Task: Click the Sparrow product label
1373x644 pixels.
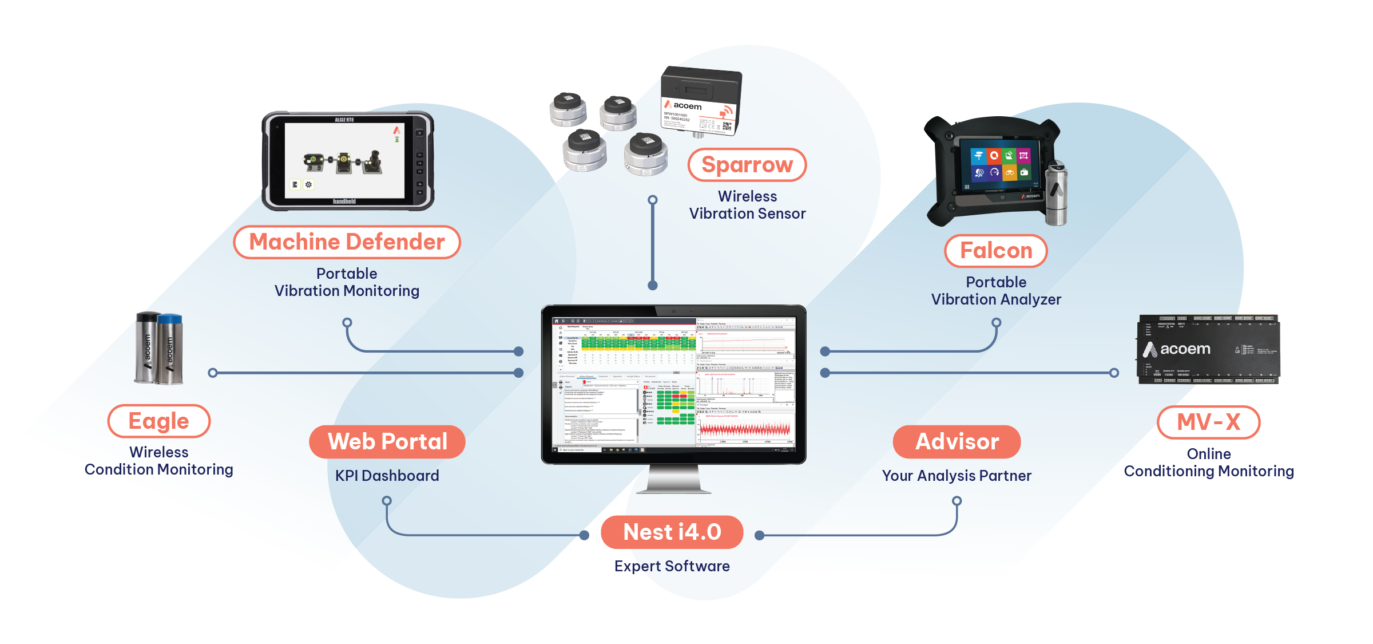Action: coord(747,165)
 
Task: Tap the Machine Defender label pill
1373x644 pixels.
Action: coord(347,242)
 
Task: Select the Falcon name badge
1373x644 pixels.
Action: coord(995,251)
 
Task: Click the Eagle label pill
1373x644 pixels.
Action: coord(158,421)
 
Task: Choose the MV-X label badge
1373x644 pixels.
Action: coord(1208,422)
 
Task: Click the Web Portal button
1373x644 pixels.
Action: coord(387,441)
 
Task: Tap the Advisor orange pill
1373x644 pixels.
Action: coord(957,441)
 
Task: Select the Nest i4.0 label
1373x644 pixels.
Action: coord(672,532)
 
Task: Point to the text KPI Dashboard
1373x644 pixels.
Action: coord(387,476)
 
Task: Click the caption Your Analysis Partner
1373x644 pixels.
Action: coord(957,476)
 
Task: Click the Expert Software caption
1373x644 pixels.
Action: coord(672,566)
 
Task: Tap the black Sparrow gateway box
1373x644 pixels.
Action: coord(701,100)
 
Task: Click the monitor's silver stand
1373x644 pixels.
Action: coord(673,478)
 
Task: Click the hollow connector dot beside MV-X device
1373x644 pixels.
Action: coord(1114,373)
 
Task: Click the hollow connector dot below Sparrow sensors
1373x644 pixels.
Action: coord(652,200)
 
